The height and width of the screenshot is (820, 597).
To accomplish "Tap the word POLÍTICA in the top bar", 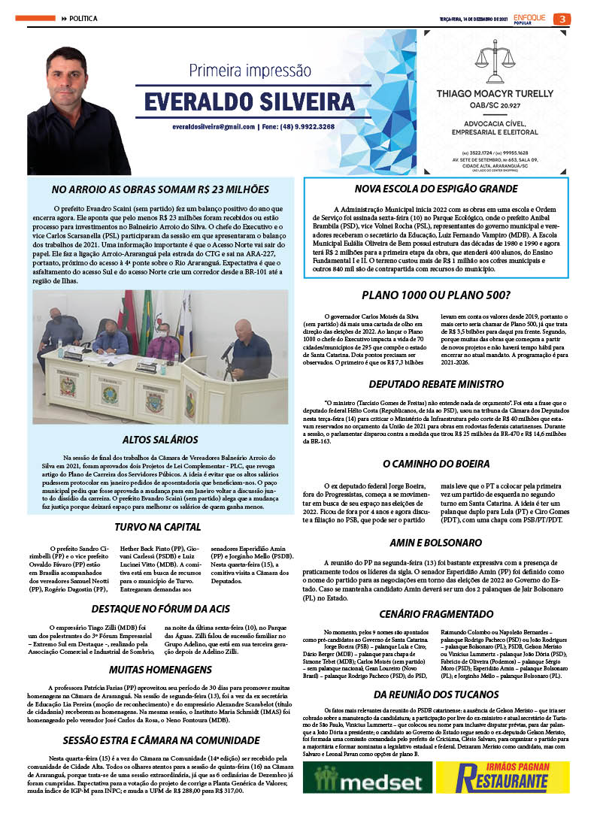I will tap(83, 18).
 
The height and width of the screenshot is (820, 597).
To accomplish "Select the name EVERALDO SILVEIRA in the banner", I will tap(249, 101).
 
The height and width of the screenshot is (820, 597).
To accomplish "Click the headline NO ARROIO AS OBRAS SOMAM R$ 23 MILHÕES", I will tap(159, 189).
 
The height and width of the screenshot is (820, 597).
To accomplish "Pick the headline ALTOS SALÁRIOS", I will tap(159, 439).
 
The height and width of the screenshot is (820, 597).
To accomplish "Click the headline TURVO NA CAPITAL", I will tap(159, 527).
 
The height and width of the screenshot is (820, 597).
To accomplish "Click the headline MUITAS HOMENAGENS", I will tap(159, 668).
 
